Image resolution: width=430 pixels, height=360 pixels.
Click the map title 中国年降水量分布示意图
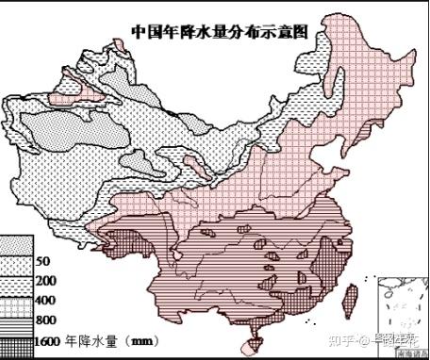pos(221,30)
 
